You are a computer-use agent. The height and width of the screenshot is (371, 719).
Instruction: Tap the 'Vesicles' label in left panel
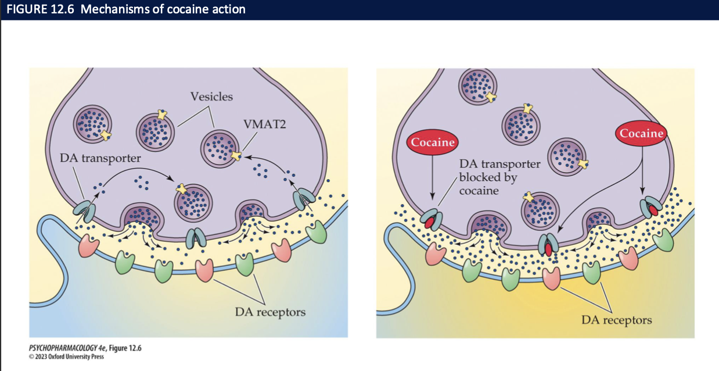tap(211, 97)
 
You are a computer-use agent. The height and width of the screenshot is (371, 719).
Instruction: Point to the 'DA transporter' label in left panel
tap(100, 158)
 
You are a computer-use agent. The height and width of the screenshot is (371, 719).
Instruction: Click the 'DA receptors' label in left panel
tap(270, 312)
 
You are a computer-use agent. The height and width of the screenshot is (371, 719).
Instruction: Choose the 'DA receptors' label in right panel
tap(617, 320)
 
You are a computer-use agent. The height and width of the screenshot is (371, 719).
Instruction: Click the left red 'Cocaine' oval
tap(433, 142)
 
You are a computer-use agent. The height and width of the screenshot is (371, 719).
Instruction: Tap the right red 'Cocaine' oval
tap(641, 133)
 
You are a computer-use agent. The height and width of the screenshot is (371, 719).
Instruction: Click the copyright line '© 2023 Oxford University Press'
tap(66, 356)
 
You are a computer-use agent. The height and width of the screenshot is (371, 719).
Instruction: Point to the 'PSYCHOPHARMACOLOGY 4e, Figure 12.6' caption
tap(85, 348)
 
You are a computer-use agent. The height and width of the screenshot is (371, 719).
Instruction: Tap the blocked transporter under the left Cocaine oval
tap(432, 218)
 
